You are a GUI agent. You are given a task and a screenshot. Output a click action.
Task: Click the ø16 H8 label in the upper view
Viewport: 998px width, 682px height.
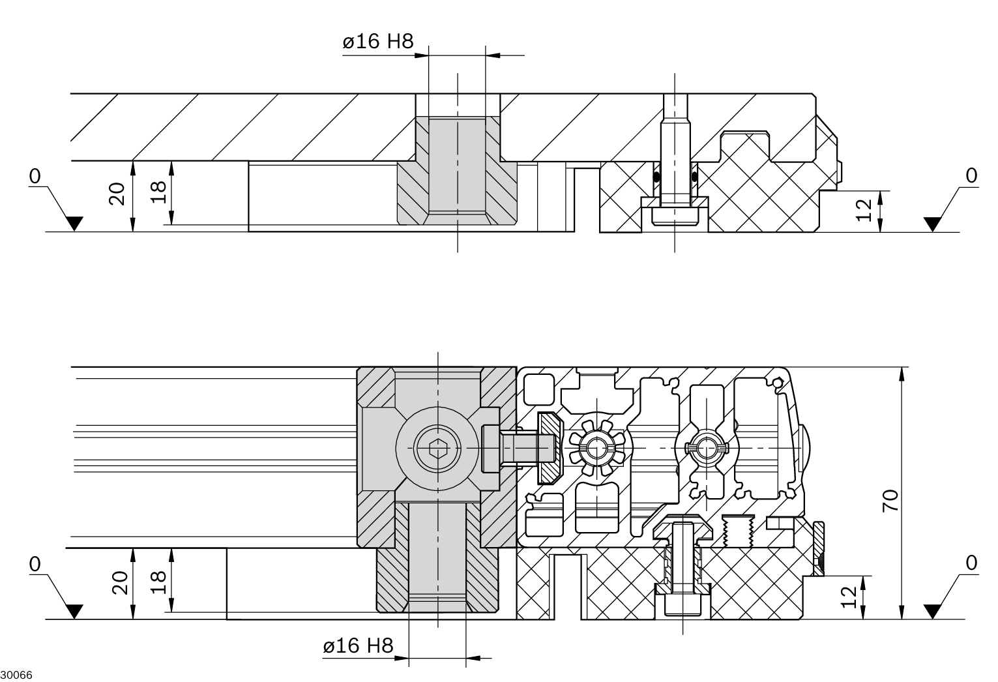[x=378, y=42]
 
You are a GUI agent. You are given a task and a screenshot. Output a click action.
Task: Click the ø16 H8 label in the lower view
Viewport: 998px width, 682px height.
[x=359, y=645]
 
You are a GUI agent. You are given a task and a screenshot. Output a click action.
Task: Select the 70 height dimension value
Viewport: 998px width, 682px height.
[x=890, y=500]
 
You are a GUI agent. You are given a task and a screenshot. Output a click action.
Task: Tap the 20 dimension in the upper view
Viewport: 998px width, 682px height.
[x=117, y=194]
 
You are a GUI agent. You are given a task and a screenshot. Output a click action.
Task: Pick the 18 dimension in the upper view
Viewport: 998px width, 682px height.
[x=158, y=192]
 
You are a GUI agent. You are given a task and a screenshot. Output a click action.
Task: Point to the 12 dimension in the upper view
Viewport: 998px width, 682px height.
[x=864, y=211]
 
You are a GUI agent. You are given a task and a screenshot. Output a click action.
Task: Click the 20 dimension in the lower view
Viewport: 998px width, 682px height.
[x=120, y=583]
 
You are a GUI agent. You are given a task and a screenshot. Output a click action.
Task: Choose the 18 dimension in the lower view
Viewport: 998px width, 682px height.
[x=158, y=582]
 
